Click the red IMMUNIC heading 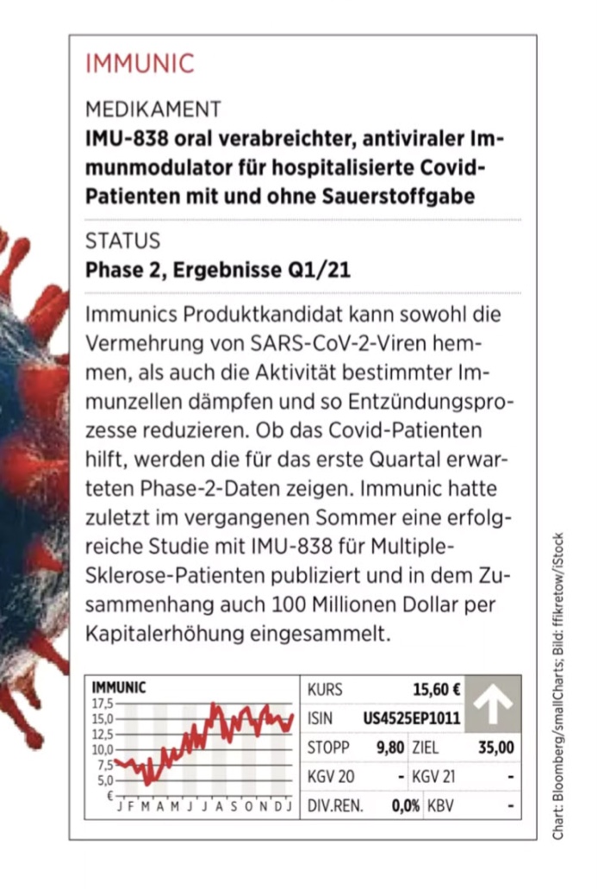tap(140, 64)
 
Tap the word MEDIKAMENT tap(153, 110)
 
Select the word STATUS tap(122, 241)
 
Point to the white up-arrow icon tap(493, 703)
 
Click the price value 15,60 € tap(436, 689)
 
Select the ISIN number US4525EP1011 tap(412, 717)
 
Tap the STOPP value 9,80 tap(389, 747)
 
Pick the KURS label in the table tap(325, 689)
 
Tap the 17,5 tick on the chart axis tap(102, 703)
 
